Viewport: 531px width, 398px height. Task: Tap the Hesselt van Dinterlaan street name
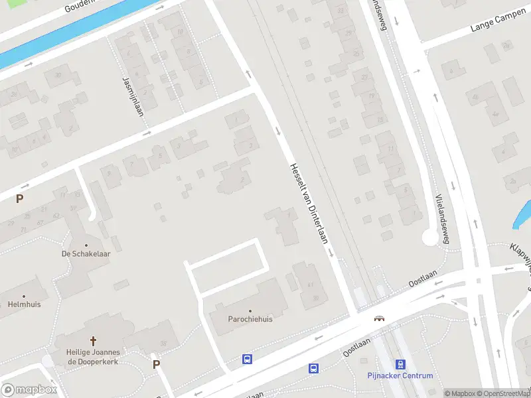click(309, 202)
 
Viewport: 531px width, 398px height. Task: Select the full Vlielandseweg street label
click(443, 219)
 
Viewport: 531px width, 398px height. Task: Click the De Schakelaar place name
click(86, 253)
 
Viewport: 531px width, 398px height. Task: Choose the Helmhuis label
click(24, 304)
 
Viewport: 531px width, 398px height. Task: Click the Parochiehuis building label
click(250, 319)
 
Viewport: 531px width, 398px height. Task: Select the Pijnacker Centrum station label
click(400, 375)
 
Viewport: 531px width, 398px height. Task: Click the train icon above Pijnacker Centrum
click(400, 364)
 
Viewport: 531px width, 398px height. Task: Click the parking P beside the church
click(157, 364)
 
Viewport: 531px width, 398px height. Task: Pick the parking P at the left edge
click(20, 198)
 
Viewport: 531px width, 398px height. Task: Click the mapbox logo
click(28, 389)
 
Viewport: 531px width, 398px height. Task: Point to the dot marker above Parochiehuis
click(250, 310)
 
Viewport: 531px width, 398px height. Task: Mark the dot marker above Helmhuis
click(24, 297)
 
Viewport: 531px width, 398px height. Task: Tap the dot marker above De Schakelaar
click(86, 245)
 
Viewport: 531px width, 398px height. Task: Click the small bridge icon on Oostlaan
click(380, 318)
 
